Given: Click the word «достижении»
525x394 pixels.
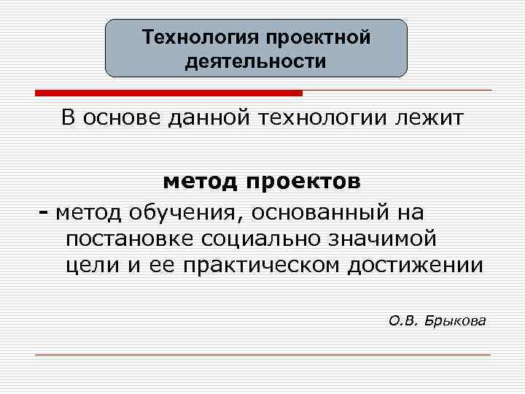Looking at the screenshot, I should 414,264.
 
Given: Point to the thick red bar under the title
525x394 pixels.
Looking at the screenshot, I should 168,93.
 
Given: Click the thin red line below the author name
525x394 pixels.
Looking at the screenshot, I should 262,355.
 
